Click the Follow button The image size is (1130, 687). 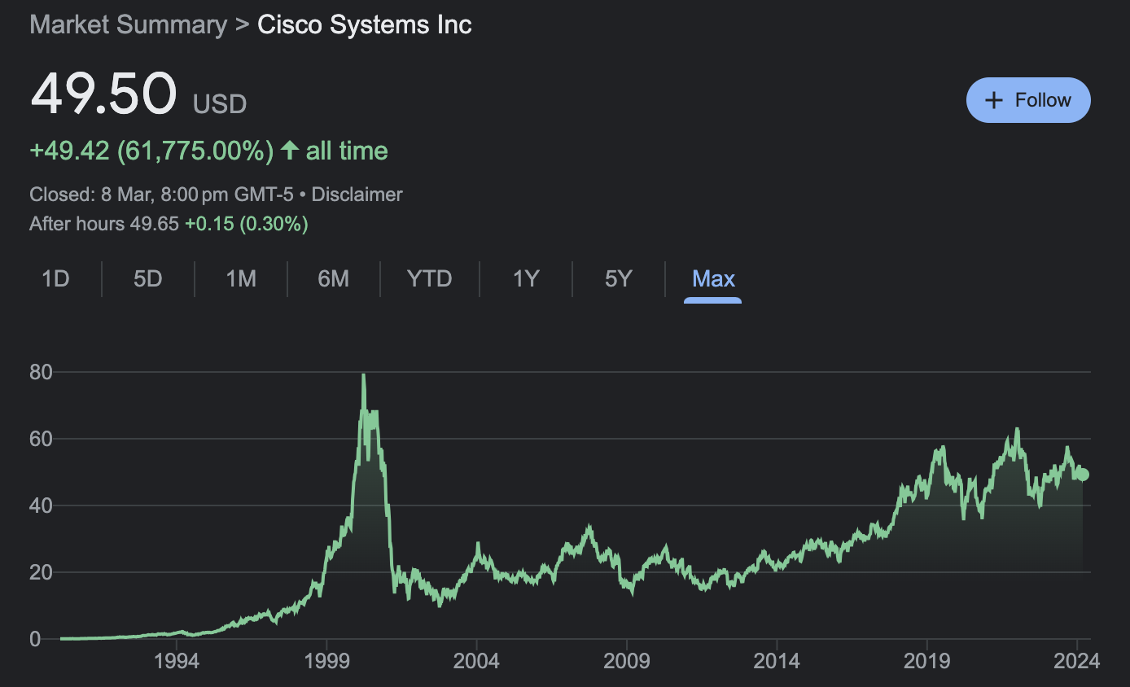(x=1028, y=100)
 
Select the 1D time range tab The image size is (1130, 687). (x=55, y=279)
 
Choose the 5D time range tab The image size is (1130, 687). (x=148, y=279)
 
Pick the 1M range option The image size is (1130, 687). (x=241, y=279)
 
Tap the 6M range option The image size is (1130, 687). (x=334, y=279)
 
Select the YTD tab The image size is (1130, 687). (x=429, y=279)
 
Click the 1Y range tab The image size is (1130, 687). (x=526, y=279)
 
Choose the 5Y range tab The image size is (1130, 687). (x=619, y=279)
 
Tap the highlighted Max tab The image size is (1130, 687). (x=713, y=279)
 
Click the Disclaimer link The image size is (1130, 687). (x=357, y=195)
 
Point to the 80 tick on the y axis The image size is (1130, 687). (x=41, y=373)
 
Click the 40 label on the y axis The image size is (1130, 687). (x=41, y=506)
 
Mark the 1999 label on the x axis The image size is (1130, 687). (x=326, y=660)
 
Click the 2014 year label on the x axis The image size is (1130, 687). (x=777, y=660)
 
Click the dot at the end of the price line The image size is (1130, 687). (x=1083, y=475)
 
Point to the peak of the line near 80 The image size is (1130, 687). (x=363, y=375)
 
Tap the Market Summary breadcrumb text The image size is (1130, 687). (x=128, y=24)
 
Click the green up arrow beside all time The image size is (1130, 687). (x=289, y=151)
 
